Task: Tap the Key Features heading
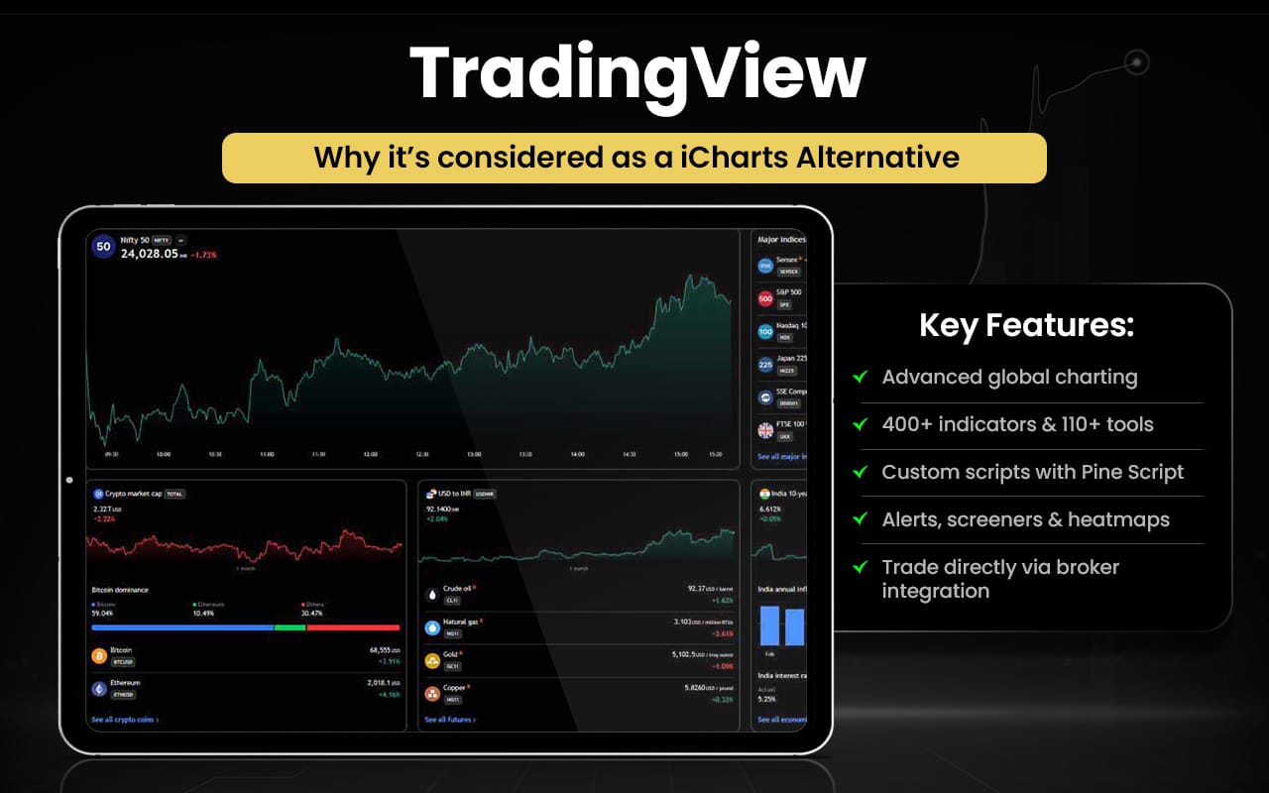pos(1026,325)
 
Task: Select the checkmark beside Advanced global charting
pos(859,377)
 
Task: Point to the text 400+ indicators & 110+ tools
pos(1017,424)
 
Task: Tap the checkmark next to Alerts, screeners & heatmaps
pos(859,519)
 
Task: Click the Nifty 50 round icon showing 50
pos(103,247)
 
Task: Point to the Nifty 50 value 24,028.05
pos(150,254)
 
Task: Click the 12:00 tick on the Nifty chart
pos(370,455)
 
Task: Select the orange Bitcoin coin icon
pos(99,655)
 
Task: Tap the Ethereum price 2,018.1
pos(381,683)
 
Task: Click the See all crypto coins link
pos(125,720)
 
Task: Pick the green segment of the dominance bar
pos(289,627)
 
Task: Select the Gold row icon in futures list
pos(432,660)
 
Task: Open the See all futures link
pos(450,720)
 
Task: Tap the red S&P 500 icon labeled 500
pos(765,298)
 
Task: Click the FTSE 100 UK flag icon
pos(765,430)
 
